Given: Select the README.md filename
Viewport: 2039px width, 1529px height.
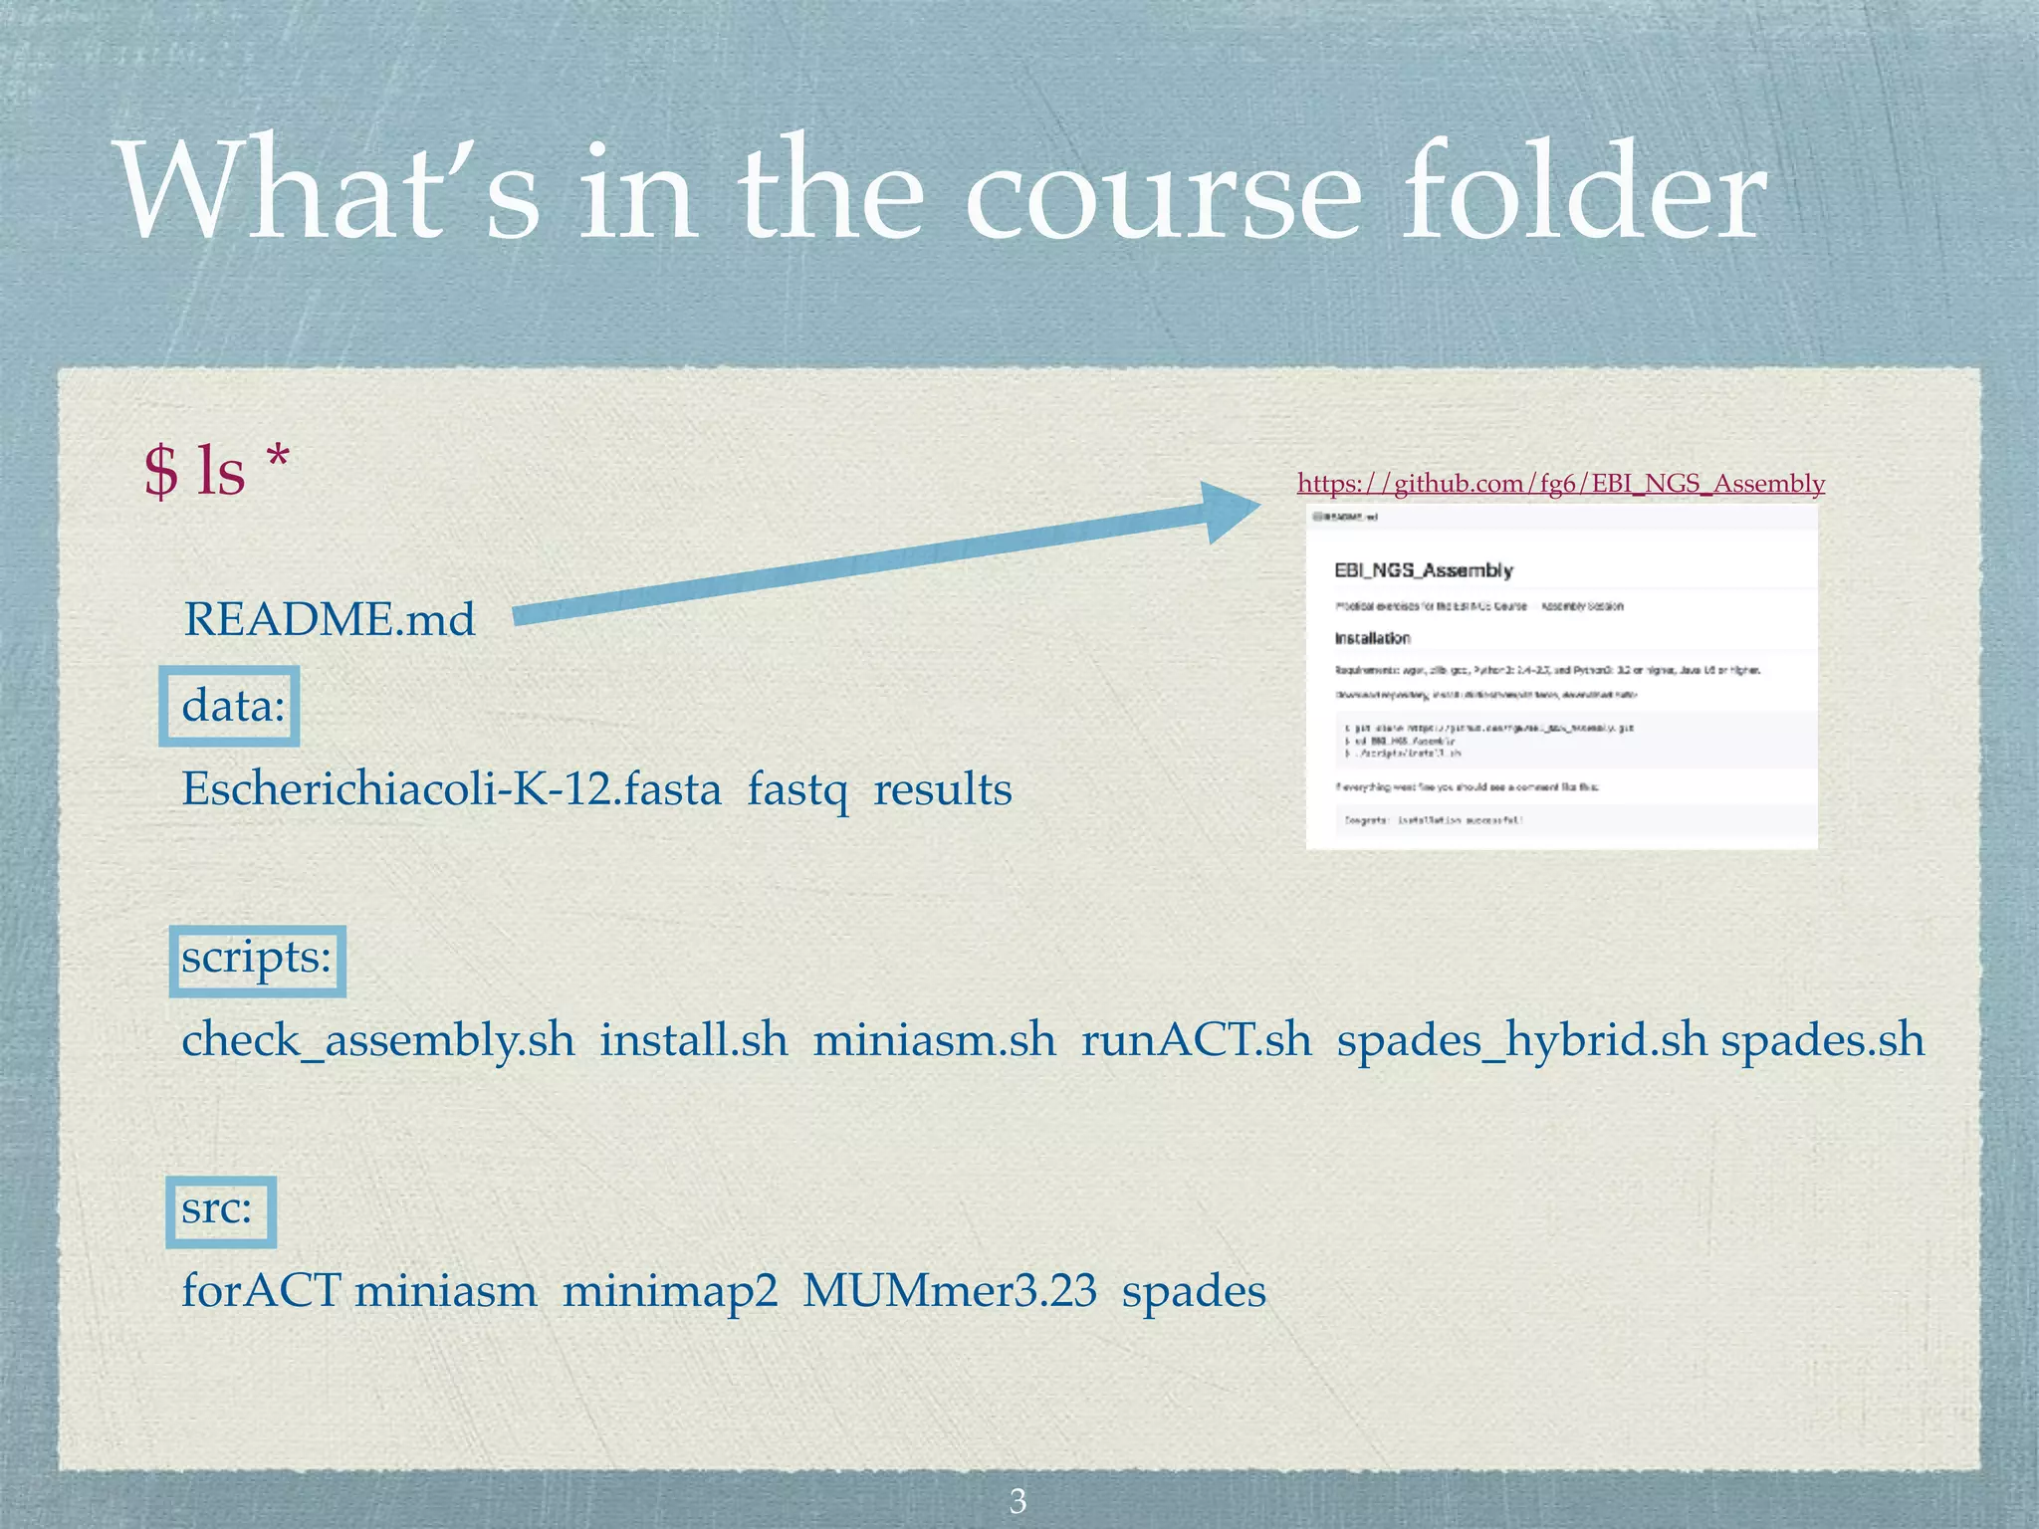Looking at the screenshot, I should click(330, 620).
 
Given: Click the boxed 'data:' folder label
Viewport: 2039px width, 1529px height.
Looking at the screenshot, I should click(232, 706).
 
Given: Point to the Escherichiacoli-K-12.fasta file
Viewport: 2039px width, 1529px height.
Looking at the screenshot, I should click(451, 790).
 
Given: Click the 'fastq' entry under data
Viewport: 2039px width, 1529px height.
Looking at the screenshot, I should click(797, 790).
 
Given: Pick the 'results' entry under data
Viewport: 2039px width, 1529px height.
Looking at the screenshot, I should click(942, 790).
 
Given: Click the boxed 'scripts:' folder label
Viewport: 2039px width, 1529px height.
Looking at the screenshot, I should click(256, 959).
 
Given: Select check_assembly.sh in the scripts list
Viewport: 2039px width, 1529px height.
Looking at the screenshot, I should click(378, 1041).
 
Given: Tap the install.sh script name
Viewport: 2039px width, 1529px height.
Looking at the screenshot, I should click(693, 1041).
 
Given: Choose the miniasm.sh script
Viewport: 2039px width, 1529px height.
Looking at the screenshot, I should click(934, 1041).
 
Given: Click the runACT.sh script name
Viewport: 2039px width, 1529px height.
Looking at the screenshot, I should click(1197, 1041).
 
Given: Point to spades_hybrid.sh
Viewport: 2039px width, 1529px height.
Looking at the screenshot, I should click(1521, 1041).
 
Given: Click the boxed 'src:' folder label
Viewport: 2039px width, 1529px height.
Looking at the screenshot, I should click(218, 1209).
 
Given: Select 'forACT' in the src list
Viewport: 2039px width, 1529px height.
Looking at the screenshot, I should click(261, 1292).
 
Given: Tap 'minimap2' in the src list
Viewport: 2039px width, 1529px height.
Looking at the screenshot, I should click(669, 1292).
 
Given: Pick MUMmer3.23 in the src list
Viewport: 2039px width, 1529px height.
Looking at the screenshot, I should click(950, 1292).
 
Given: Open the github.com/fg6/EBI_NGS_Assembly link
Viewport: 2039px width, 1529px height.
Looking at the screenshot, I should click(1560, 484).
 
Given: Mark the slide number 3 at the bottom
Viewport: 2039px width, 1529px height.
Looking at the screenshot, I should click(1018, 1500).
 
